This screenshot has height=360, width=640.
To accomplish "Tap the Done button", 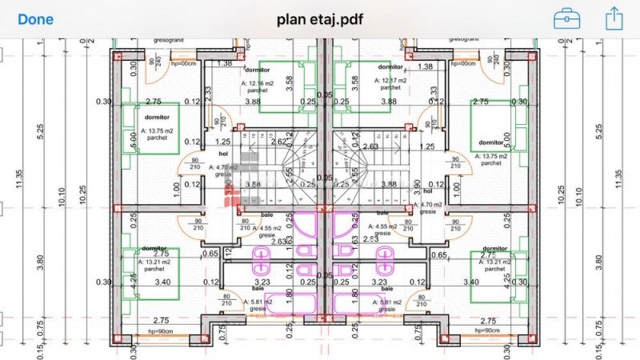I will click(35, 18).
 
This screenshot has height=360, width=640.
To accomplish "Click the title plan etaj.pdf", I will click(319, 18).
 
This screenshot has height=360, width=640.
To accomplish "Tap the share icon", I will click(614, 18).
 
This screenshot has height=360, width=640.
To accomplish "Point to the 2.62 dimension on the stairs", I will click(280, 142).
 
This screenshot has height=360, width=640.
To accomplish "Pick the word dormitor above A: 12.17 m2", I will click(390, 67).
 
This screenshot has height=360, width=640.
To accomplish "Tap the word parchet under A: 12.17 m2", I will click(390, 90).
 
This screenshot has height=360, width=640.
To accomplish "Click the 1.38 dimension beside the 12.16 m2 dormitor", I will click(224, 63).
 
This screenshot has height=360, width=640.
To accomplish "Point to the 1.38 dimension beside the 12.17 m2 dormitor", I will click(425, 66).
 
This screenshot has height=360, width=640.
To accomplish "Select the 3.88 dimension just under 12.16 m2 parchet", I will click(253, 102).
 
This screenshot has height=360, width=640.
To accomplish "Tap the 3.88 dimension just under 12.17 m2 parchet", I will click(389, 102).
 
